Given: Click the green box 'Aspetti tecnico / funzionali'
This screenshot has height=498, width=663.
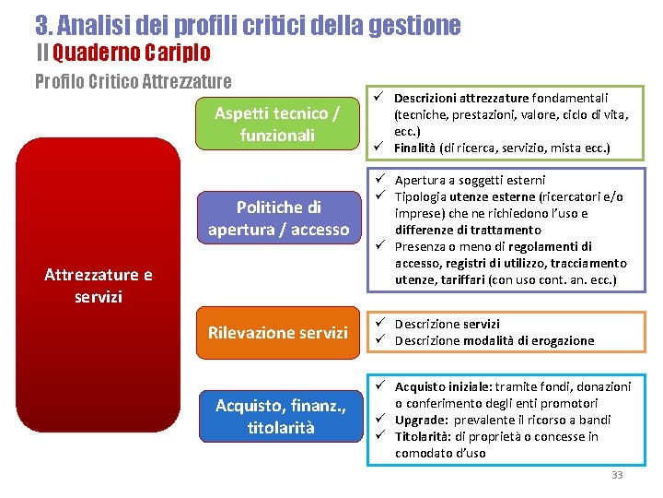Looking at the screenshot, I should (277, 124).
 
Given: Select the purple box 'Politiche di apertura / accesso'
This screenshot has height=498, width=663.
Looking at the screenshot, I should (278, 218).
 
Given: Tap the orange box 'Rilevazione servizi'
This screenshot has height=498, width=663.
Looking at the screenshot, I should (278, 332).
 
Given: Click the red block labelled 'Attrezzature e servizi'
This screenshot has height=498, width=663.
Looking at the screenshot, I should (99, 286).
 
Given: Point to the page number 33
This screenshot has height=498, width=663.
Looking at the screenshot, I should (617, 475).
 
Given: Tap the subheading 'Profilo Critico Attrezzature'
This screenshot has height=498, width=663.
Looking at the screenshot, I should (133, 82).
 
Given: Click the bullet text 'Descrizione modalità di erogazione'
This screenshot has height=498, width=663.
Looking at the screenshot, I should (494, 340).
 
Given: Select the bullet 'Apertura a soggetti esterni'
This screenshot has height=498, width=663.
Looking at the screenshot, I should (470, 180).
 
